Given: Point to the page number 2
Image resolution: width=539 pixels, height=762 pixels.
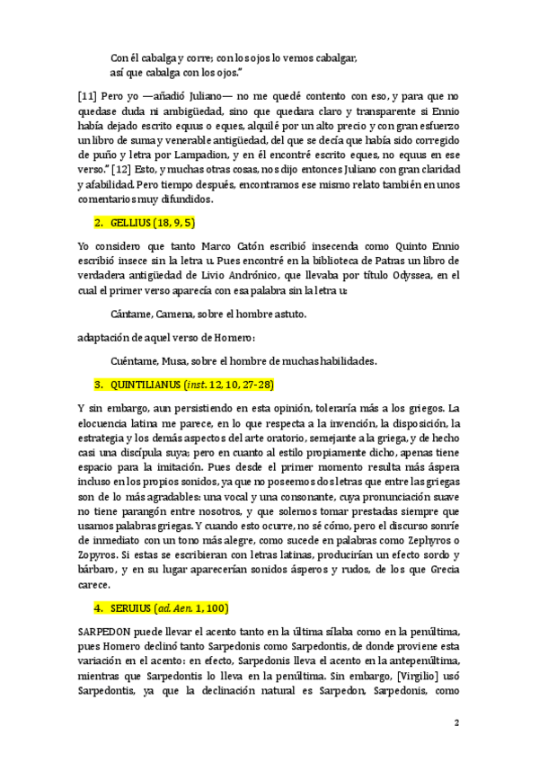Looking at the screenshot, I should [x=456, y=724].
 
